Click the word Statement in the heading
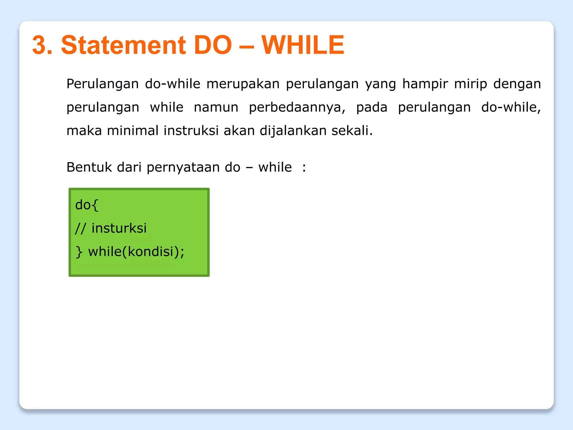(123, 45)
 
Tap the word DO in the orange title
(213, 45)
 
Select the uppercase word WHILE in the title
(303, 45)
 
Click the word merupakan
(243, 84)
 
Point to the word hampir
(425, 84)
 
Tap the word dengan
(517, 84)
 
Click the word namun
(216, 107)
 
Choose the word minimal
(133, 131)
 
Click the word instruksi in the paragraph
(191, 131)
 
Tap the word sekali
(352, 131)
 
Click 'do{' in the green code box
(87, 205)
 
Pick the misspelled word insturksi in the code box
(119, 228)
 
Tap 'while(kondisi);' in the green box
(136, 252)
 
